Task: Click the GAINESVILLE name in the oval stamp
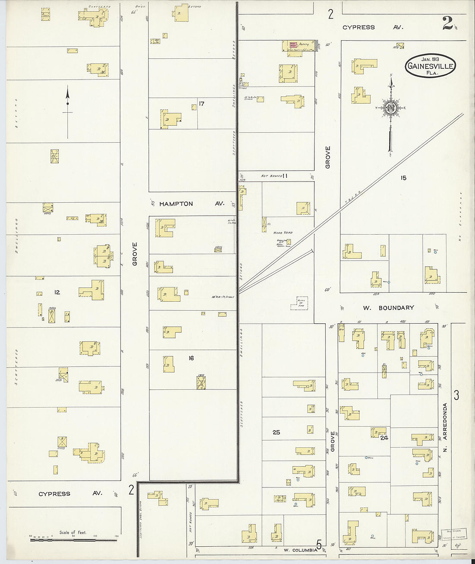[x=430, y=67]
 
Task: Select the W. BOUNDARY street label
[x=391, y=308]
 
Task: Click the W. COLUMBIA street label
[x=301, y=550]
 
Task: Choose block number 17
[x=201, y=104]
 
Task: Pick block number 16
[x=191, y=358]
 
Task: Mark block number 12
[x=57, y=293]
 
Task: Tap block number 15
[x=403, y=178]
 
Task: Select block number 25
[x=276, y=432]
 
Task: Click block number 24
[x=384, y=438]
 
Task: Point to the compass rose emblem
[x=391, y=108]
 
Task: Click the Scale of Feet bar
[x=73, y=539]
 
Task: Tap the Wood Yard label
[x=283, y=233]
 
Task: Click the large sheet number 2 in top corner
[x=447, y=24]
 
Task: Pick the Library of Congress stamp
[x=451, y=534]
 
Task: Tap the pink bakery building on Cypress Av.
[x=292, y=45]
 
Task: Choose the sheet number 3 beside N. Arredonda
[x=456, y=395]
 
